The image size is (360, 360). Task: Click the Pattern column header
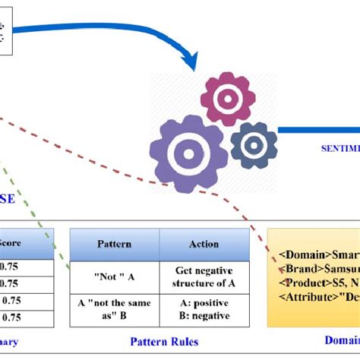(x=114, y=244)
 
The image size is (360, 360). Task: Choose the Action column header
(x=204, y=244)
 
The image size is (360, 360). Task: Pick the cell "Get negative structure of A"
(x=204, y=277)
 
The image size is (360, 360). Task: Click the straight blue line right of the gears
(x=319, y=131)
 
